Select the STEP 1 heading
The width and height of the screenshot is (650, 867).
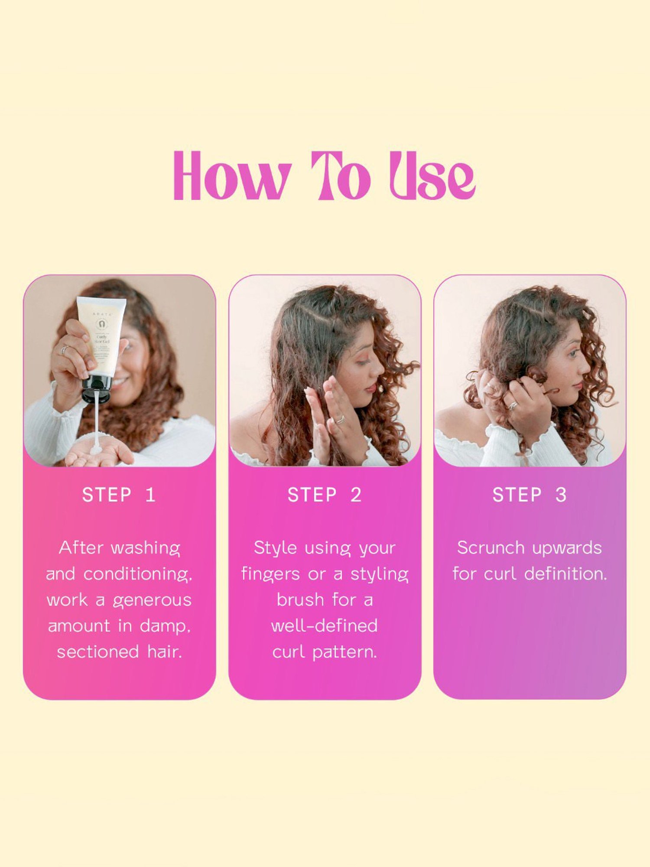tap(119, 495)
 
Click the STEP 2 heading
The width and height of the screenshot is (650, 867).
tap(324, 495)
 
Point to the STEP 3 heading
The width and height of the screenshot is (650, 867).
tap(530, 495)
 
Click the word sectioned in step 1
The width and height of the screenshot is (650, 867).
tap(98, 652)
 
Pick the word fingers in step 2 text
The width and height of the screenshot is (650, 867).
tap(271, 574)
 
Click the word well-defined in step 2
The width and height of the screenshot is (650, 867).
tap(324, 626)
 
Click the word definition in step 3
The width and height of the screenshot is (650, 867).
tap(565, 574)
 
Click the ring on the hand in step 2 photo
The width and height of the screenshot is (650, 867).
tap(341, 419)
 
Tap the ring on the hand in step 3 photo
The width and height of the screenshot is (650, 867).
tap(513, 405)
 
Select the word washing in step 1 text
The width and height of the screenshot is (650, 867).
tap(146, 548)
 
